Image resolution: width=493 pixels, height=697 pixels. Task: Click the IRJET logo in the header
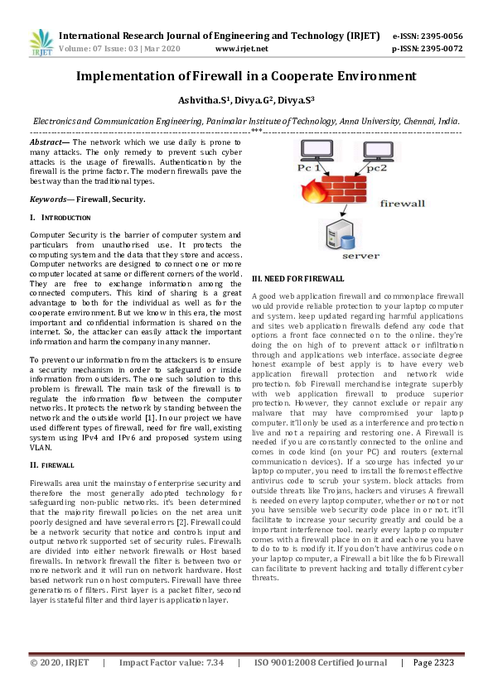[39, 43]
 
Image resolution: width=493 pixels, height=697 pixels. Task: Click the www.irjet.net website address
[241, 49]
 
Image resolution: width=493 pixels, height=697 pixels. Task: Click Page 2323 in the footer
[433, 686]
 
